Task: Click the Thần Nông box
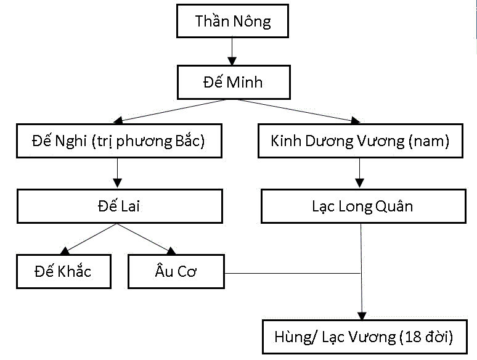click(x=233, y=22)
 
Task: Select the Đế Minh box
click(x=233, y=81)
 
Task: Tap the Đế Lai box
click(x=119, y=206)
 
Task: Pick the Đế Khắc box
click(x=63, y=271)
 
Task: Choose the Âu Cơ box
click(x=176, y=271)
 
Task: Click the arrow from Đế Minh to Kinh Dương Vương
click(x=296, y=110)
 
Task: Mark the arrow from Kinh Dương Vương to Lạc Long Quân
click(x=360, y=174)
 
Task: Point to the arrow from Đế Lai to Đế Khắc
click(x=89, y=238)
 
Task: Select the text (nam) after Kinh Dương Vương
click(x=429, y=141)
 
